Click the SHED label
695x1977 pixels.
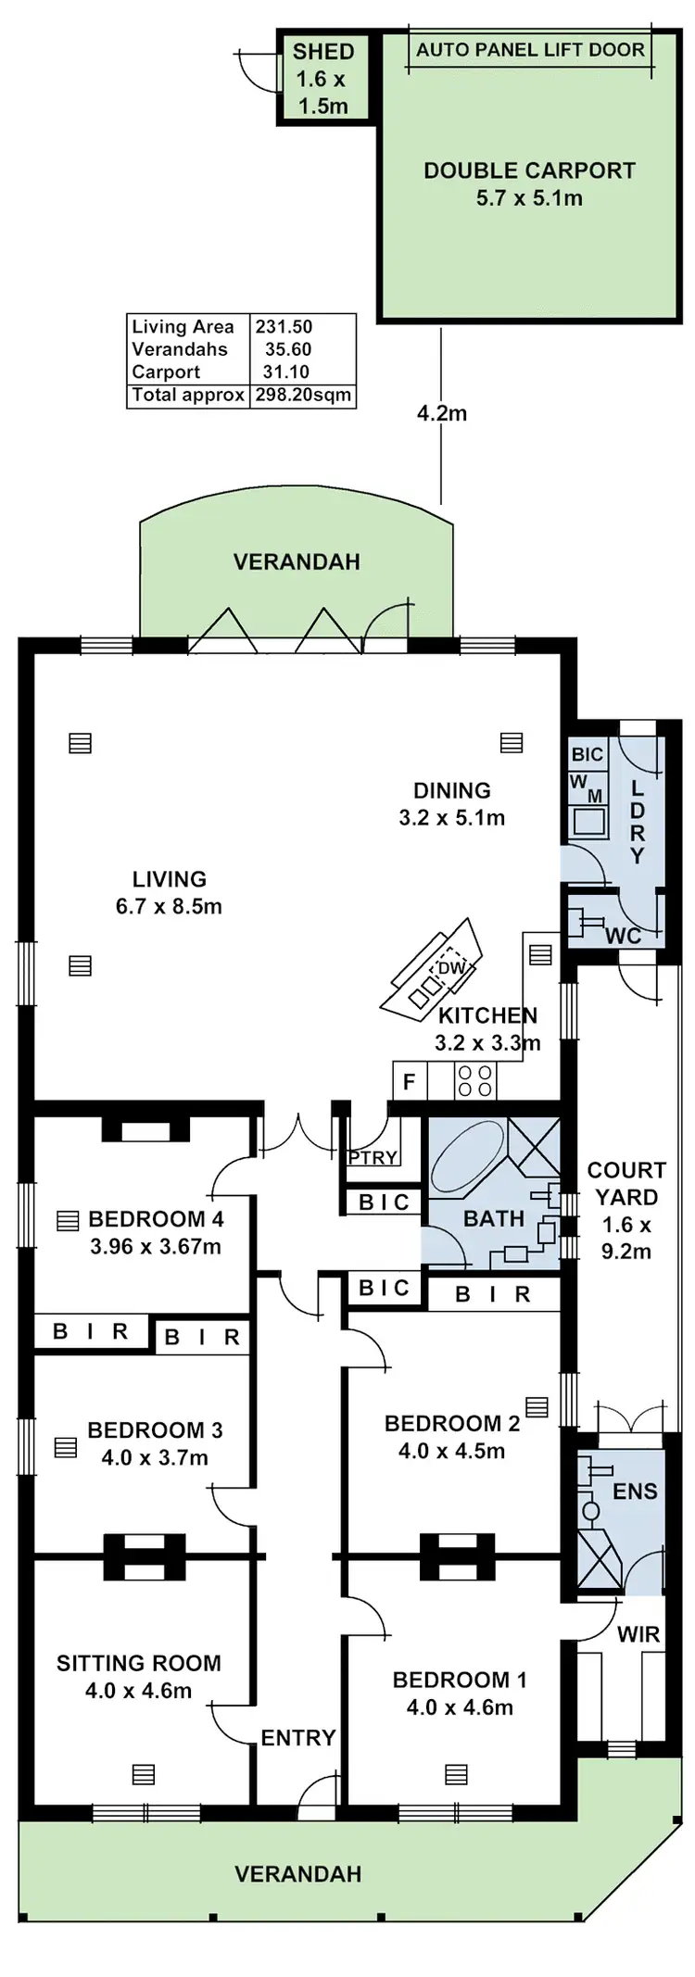[323, 52]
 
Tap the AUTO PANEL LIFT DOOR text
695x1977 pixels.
[530, 50]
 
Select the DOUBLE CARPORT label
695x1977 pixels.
[529, 170]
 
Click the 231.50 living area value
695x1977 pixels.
[284, 327]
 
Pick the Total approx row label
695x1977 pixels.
[188, 395]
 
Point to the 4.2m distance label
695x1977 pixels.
[441, 413]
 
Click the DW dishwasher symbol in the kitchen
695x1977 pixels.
[450, 967]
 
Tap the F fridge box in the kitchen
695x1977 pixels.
[409, 1081]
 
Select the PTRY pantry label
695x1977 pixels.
[373, 1157]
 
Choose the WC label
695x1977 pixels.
[623, 936]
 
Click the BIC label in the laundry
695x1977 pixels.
[588, 754]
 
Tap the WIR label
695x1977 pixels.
[638, 1634]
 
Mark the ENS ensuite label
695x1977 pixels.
[635, 1492]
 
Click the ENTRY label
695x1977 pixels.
[297, 1738]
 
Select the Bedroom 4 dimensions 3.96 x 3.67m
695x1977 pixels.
[156, 1247]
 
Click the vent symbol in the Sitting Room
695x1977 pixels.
[143, 1773]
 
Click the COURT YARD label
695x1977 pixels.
[626, 1183]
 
